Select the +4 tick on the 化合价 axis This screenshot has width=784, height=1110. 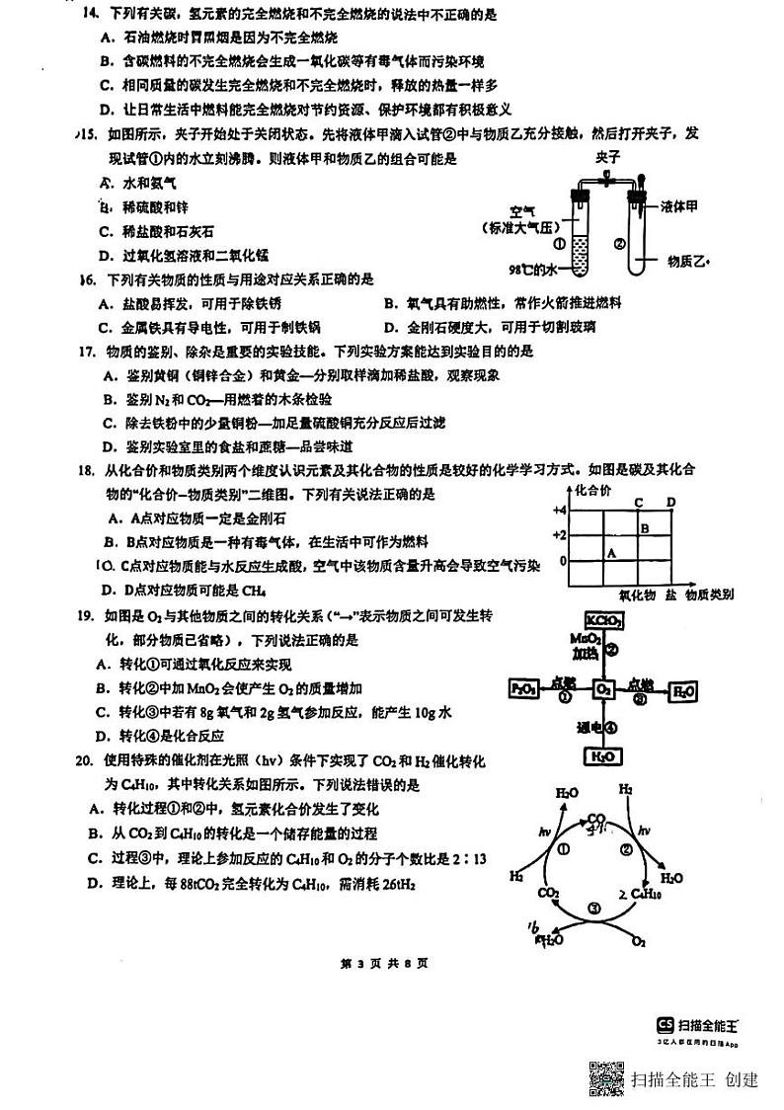point(558,510)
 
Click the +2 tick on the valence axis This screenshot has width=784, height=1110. point(558,534)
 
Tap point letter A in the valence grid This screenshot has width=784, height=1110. point(611,553)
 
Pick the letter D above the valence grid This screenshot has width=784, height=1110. point(670,503)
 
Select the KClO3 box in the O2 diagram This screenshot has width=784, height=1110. point(603,620)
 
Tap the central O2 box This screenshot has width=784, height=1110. point(603,689)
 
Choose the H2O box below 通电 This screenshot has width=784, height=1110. point(602,756)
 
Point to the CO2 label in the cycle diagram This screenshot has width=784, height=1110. point(548,894)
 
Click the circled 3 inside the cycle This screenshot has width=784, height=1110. point(593,909)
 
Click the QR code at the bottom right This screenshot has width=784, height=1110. point(606,1078)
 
